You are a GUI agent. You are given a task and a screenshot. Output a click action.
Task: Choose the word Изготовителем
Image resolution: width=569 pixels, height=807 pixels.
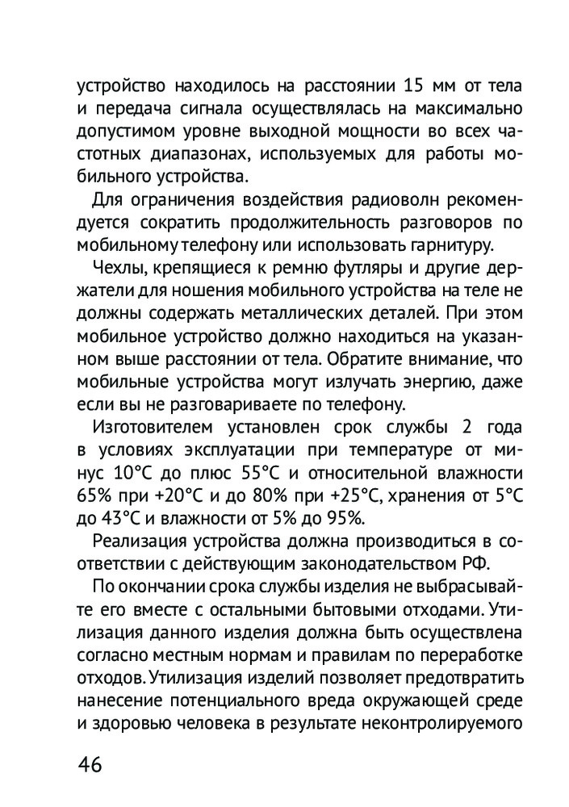tap(150, 425)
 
